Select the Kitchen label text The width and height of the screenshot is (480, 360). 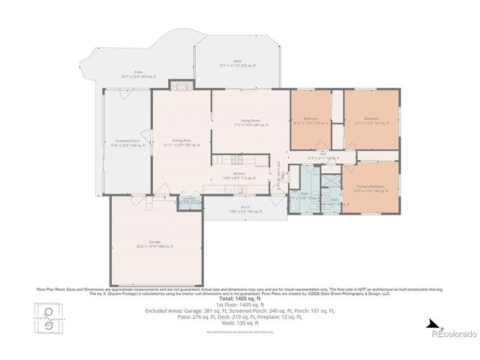tap(239, 175)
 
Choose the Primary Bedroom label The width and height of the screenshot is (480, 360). tap(370, 188)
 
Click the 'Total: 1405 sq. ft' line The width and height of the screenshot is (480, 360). tap(239, 299)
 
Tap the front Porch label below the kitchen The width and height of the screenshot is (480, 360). tap(245, 209)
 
